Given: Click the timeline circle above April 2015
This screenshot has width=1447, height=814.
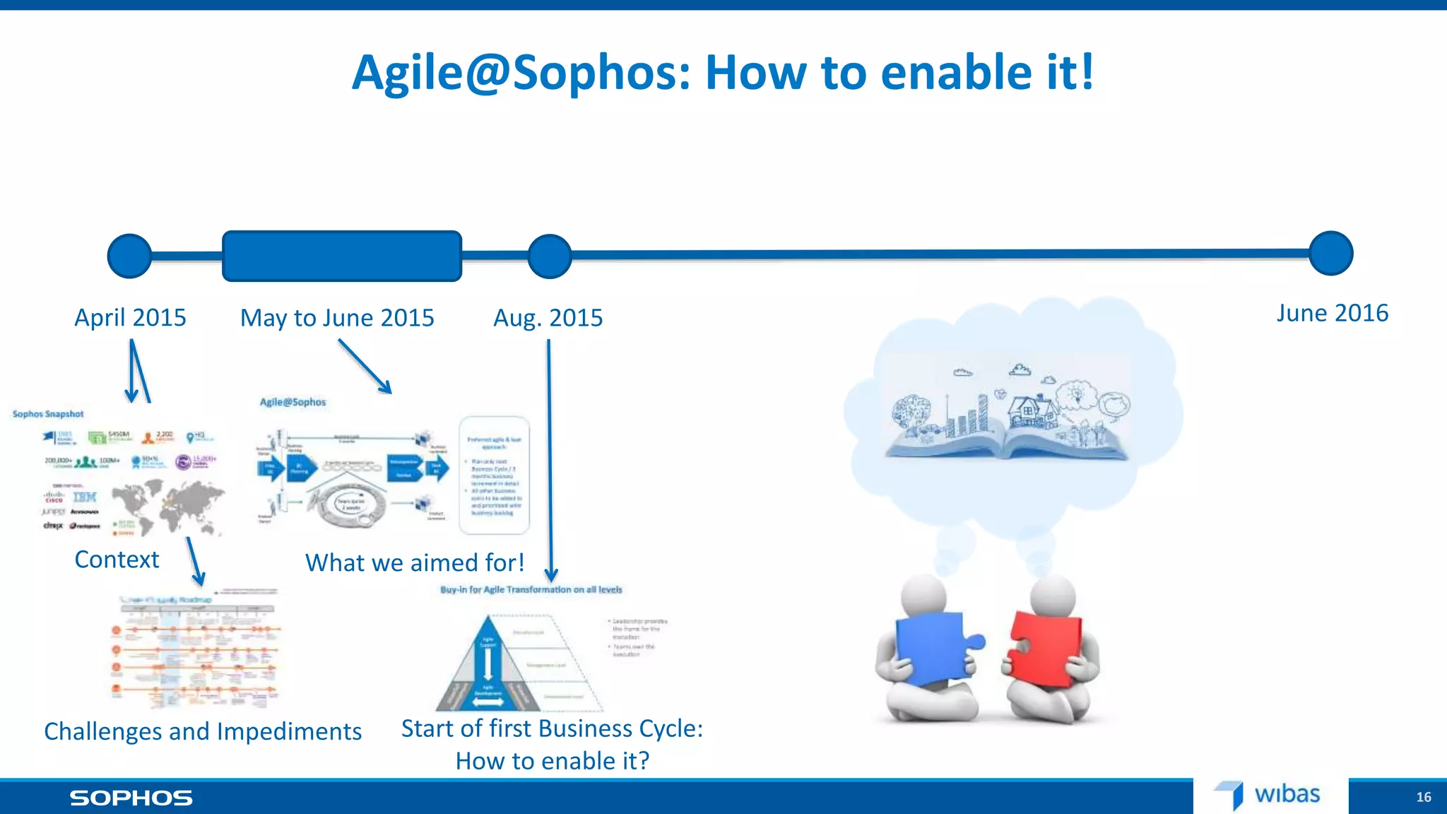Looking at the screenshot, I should click(x=129, y=256).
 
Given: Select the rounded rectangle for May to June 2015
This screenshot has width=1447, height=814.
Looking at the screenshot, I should click(x=342, y=256).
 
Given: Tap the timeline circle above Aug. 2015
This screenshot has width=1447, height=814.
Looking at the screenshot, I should click(x=549, y=256).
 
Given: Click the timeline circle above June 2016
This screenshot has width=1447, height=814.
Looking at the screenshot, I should click(x=1330, y=253).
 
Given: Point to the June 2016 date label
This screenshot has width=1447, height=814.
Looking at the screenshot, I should click(x=1332, y=313).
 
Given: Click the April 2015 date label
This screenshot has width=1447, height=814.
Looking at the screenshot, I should click(x=130, y=318).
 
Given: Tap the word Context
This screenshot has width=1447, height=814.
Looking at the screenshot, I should click(x=117, y=560).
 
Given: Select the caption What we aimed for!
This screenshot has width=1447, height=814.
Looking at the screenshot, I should click(x=415, y=562).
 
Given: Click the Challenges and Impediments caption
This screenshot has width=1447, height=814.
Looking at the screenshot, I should click(x=203, y=731).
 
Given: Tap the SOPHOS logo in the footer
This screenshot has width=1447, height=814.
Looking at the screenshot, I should click(x=131, y=798).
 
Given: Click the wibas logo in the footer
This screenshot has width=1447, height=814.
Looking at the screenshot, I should click(x=1268, y=795).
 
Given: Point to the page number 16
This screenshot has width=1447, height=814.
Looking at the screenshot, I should click(x=1423, y=797).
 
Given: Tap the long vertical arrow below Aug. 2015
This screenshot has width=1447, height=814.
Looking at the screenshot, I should click(x=550, y=459).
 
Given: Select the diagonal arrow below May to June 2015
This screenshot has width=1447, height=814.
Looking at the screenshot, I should click(x=365, y=366).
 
